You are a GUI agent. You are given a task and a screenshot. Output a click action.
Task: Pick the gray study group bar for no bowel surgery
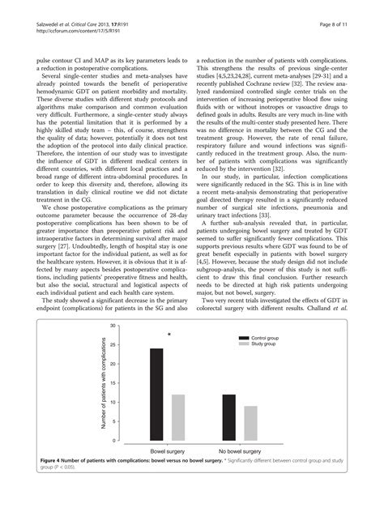(251, 422)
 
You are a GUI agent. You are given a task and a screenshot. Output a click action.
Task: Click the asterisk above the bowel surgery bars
(169, 335)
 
